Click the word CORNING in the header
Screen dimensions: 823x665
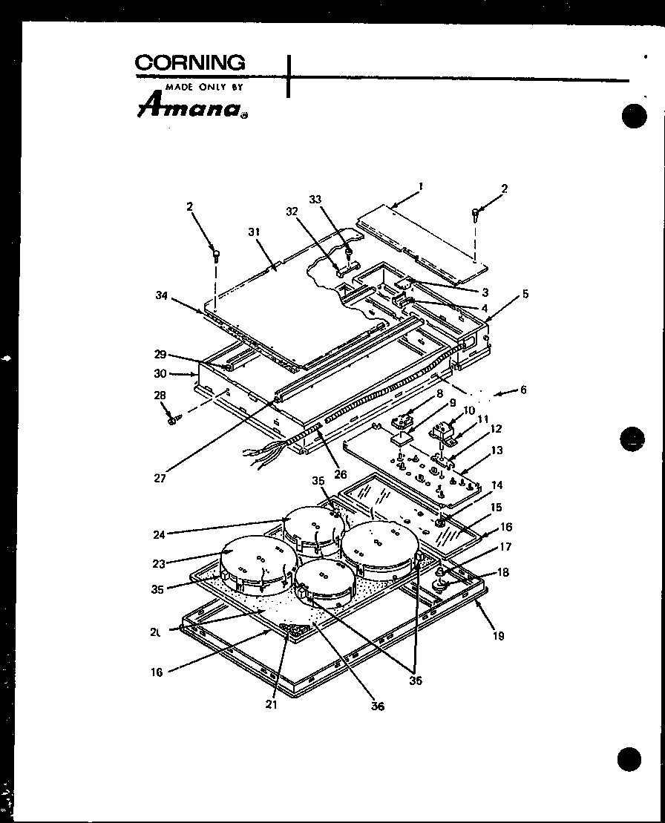(x=190, y=64)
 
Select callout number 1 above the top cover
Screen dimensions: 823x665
(x=420, y=188)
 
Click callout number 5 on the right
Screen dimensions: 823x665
(x=525, y=294)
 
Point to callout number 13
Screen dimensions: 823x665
(x=497, y=450)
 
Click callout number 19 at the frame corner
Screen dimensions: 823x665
(x=498, y=636)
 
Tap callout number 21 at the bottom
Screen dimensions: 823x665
(x=271, y=704)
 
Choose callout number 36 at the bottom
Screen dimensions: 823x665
(x=379, y=706)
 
